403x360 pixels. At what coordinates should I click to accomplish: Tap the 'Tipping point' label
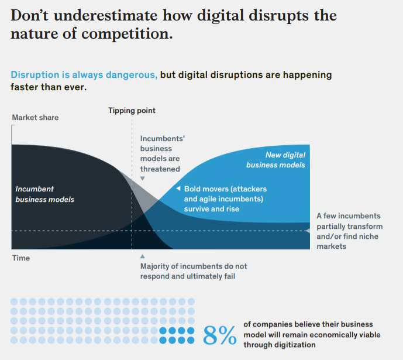pos(132,110)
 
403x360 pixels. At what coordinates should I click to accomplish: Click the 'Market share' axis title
pos(35,118)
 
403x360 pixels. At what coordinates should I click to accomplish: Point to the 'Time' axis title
pos(20,258)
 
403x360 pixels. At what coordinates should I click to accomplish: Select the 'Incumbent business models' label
pos(44,194)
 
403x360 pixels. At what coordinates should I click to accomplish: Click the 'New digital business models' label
pos(276,160)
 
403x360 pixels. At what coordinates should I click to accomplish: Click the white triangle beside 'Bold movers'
pos(178,189)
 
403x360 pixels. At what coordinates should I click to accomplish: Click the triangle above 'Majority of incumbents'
pos(142,256)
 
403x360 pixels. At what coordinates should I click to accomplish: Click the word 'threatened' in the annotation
pos(160,169)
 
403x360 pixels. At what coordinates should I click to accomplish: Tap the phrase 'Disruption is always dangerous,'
pos(84,76)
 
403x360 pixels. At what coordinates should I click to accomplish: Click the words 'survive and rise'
pos(211,209)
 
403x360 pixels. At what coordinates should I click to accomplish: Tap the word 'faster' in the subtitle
pos(25,87)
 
